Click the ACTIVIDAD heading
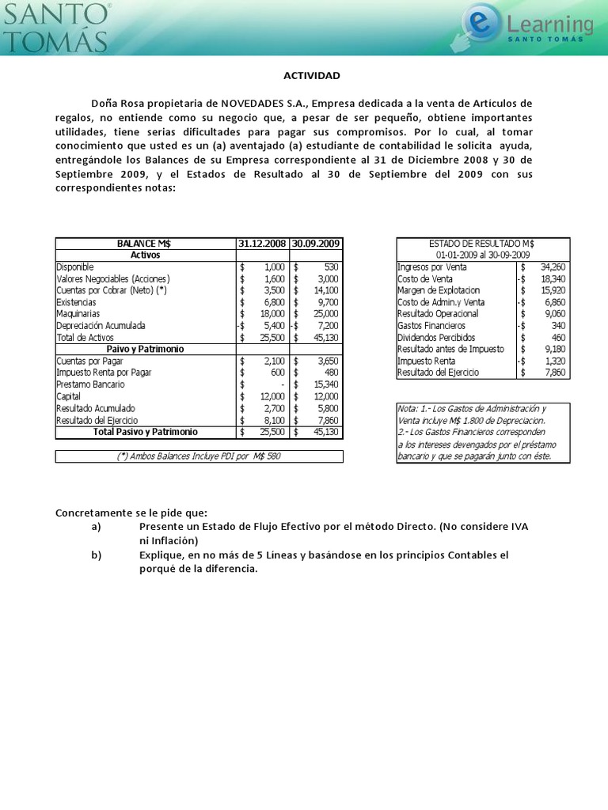tap(311, 75)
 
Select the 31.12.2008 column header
tap(263, 244)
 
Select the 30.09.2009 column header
tap(316, 244)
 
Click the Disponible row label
tap(75, 267)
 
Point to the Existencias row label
tap(77, 302)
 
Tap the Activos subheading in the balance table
tap(146, 255)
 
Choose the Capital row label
tap(69, 396)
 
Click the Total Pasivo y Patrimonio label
tap(146, 432)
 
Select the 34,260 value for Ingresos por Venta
tap(551, 267)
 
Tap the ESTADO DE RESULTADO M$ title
tap(481, 244)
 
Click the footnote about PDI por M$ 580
tap(199, 456)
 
